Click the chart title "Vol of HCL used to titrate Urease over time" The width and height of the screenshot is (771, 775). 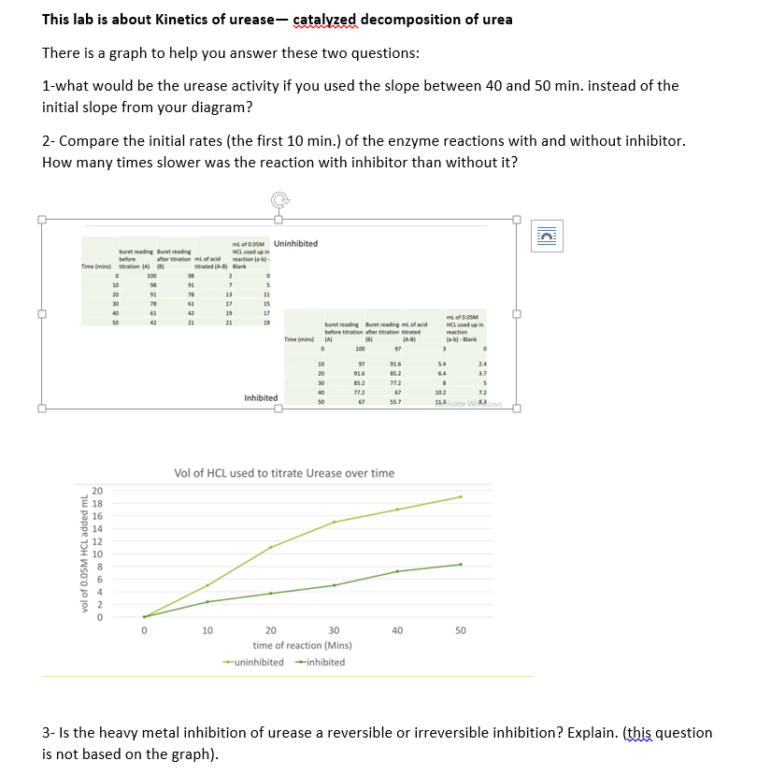tap(284, 473)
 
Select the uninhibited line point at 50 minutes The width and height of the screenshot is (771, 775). tap(461, 496)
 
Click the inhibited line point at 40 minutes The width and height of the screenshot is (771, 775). tap(397, 571)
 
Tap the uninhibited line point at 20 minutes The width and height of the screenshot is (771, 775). tap(271, 547)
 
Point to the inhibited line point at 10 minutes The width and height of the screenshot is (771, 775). tap(207, 602)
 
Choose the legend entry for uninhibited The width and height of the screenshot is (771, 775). tap(254, 662)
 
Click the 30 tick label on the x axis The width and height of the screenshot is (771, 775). tap(334, 631)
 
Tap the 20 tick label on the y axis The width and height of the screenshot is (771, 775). tap(96, 491)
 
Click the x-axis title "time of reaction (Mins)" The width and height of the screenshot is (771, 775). tap(302, 645)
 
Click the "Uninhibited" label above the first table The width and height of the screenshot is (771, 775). tap(296, 243)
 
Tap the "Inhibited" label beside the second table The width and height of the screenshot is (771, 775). tap(261, 397)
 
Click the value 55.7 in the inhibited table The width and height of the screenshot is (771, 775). tap(394, 402)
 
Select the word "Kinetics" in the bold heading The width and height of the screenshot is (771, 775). tap(153, 20)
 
